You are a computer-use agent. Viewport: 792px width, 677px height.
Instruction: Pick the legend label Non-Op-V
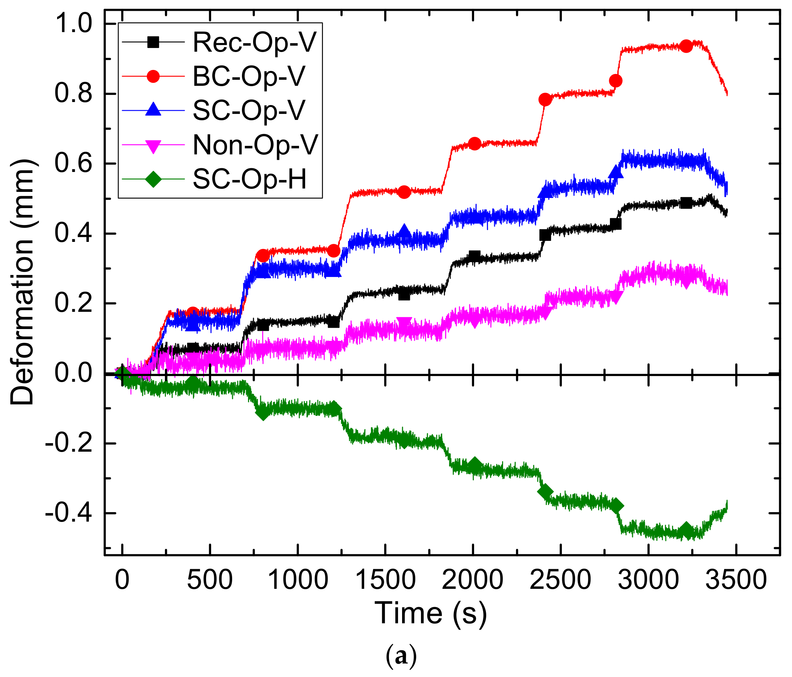pyautogui.click(x=255, y=145)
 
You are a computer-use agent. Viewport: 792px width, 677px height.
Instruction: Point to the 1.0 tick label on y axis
pyautogui.click(x=73, y=24)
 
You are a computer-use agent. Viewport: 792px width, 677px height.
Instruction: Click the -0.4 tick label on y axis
pyautogui.click(x=69, y=513)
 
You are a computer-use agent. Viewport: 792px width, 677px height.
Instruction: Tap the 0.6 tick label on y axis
pyautogui.click(x=73, y=164)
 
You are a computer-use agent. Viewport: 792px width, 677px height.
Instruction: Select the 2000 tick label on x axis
pyautogui.click(x=472, y=580)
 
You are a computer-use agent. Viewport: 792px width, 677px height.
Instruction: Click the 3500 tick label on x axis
pyautogui.click(x=736, y=580)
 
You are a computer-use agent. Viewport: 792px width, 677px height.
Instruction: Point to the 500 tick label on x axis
pyautogui.click(x=209, y=580)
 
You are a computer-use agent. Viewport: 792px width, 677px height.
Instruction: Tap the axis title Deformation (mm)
pyautogui.click(x=23, y=282)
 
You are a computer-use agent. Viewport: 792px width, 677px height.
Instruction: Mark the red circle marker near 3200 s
pyautogui.click(x=686, y=46)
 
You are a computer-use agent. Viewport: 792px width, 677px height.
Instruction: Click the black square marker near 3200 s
pyautogui.click(x=686, y=203)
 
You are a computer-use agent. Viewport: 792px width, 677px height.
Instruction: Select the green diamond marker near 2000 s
pyautogui.click(x=475, y=465)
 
